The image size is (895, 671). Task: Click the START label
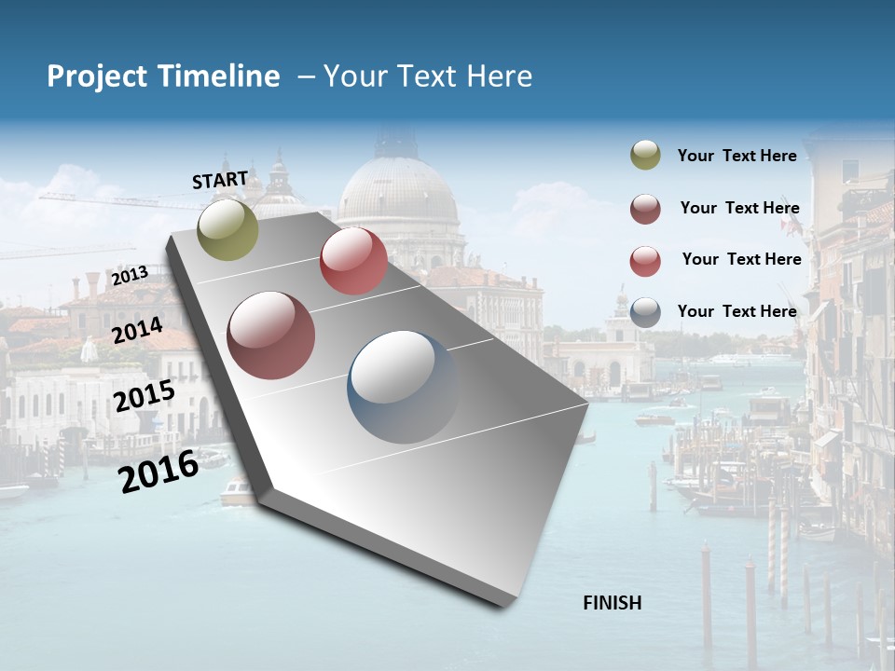coord(220,180)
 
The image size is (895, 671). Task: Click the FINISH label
coord(612,603)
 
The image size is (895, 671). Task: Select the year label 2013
coord(130,275)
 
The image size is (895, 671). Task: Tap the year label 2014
coord(138,330)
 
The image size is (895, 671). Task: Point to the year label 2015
coord(145,396)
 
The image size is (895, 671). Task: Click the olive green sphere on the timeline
coord(228,229)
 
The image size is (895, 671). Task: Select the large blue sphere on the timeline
coord(403,387)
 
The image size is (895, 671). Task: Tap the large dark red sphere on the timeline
coord(271,335)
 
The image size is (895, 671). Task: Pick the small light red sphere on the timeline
coord(353,261)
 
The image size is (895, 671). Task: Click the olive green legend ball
coord(645,156)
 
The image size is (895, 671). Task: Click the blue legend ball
coord(645,312)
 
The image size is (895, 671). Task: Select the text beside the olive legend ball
coord(737,157)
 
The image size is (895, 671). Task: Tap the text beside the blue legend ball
coord(737,311)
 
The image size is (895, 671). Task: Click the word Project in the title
coord(99,76)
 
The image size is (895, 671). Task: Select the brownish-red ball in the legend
coord(645,209)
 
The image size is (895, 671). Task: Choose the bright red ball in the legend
coord(645,261)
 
